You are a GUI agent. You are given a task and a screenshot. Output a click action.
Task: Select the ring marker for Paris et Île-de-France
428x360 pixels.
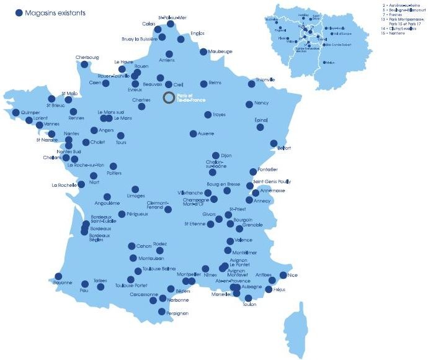[x=169, y=98]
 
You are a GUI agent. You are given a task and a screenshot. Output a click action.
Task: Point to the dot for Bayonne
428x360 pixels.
[x=58, y=276]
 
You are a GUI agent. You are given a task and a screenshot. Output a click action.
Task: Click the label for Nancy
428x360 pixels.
[x=262, y=104]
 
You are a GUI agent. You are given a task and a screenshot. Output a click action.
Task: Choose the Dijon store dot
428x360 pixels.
[x=215, y=156]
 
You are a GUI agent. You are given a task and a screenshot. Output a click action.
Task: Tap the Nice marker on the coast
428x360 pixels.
[x=283, y=275]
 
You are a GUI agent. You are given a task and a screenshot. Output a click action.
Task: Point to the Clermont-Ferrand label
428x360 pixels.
[x=157, y=205]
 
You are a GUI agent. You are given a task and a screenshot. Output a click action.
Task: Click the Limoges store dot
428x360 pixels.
[x=135, y=189]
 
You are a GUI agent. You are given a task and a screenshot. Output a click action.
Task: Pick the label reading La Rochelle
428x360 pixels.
[x=64, y=185]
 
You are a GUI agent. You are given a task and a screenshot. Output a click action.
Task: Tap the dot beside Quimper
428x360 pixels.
[x=16, y=112]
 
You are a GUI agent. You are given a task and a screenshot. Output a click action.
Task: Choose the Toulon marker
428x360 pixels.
[x=249, y=298]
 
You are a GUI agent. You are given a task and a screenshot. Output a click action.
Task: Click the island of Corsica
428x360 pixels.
[x=293, y=330]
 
